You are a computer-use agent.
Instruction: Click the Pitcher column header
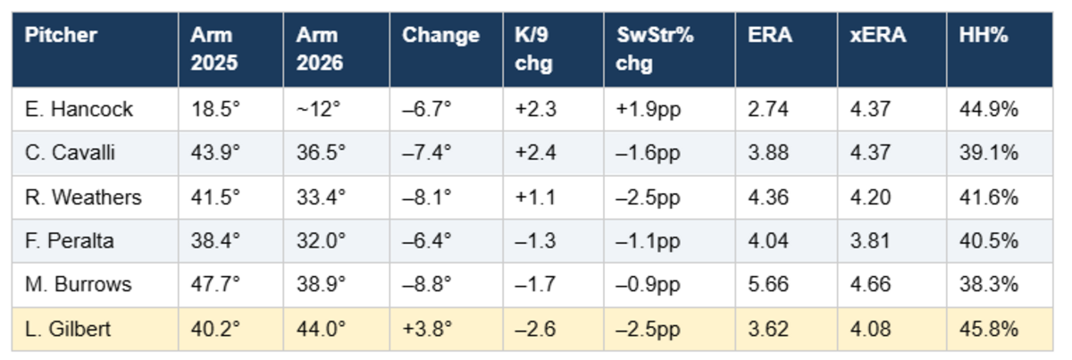[x=61, y=35]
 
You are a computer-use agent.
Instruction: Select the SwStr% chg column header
[x=655, y=49]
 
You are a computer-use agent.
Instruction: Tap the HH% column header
[x=984, y=35]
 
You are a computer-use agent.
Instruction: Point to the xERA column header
[x=877, y=35]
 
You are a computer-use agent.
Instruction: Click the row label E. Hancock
[x=79, y=109]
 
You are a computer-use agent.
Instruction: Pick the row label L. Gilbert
[x=68, y=330]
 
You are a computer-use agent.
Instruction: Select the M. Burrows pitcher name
[x=78, y=284]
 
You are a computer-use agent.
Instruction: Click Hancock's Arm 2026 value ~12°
[x=318, y=109]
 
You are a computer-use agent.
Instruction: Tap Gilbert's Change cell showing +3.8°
[x=427, y=330]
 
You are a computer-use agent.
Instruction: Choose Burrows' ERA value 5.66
[x=768, y=284]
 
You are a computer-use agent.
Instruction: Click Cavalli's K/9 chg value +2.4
[x=535, y=153]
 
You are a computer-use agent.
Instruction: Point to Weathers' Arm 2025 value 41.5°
[x=215, y=197]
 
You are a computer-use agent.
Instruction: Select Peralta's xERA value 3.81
[x=870, y=241]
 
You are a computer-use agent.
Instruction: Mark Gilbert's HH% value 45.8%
[x=989, y=330]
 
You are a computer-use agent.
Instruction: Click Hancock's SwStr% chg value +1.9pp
[x=648, y=109]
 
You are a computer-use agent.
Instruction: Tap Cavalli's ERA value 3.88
[x=768, y=153]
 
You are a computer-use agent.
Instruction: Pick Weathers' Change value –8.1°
[x=427, y=197]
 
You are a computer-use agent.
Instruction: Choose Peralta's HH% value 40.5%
[x=989, y=241]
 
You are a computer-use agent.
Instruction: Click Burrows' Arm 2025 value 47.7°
[x=215, y=284]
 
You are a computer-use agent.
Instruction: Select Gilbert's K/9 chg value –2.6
[x=535, y=330]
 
